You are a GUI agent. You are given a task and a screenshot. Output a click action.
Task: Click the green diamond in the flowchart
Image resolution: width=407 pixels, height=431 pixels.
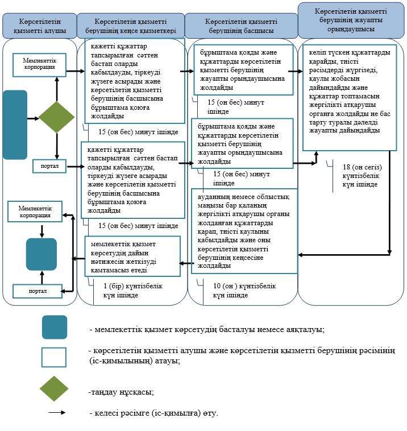pos(57,117)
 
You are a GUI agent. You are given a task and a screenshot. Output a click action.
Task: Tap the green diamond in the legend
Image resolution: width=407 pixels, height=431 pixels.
pos(54,389)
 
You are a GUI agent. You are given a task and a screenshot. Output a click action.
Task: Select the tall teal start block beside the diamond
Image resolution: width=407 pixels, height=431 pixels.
pos(15,125)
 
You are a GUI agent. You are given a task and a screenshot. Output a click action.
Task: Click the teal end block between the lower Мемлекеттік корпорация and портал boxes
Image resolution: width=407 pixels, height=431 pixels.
pos(41,254)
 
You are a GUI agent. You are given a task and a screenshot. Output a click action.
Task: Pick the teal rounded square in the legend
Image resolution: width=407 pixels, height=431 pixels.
pos(55,327)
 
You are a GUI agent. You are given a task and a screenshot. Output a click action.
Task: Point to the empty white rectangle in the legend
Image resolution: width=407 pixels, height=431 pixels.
pos(54,357)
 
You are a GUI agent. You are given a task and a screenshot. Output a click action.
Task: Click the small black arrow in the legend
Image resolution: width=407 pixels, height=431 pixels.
pos(57,412)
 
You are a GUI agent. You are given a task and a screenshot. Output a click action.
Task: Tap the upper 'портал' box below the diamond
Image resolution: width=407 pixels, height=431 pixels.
pos(49,166)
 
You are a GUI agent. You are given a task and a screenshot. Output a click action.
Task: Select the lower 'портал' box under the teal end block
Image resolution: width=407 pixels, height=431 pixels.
pos(38,291)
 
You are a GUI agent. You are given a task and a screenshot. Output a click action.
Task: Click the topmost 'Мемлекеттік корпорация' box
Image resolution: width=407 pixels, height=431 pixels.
pos(40,65)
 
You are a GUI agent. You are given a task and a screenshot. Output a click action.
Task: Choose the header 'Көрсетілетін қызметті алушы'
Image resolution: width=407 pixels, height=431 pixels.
pos(40,26)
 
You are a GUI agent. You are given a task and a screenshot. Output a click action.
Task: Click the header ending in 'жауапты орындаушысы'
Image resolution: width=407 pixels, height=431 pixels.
pos(351,20)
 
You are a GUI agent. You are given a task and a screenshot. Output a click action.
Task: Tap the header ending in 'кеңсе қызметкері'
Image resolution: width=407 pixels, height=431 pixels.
pos(131,26)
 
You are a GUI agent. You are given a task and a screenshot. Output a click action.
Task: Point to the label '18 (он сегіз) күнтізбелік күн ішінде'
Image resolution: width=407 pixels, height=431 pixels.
pos(362,176)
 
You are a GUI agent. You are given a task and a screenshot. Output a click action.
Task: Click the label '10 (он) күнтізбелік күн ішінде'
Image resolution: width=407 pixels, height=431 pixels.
pos(244,291)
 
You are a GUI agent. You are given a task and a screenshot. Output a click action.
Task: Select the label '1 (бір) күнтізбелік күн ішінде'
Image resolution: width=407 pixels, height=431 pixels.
pos(133,291)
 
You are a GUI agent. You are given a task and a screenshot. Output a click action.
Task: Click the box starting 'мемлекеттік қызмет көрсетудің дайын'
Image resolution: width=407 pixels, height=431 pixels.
pos(132,256)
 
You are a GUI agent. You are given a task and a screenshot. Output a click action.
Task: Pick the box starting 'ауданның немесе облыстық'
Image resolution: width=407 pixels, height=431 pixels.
pos(244,231)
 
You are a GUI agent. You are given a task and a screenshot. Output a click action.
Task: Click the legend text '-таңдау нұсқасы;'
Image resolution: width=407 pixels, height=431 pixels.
pos(121,392)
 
